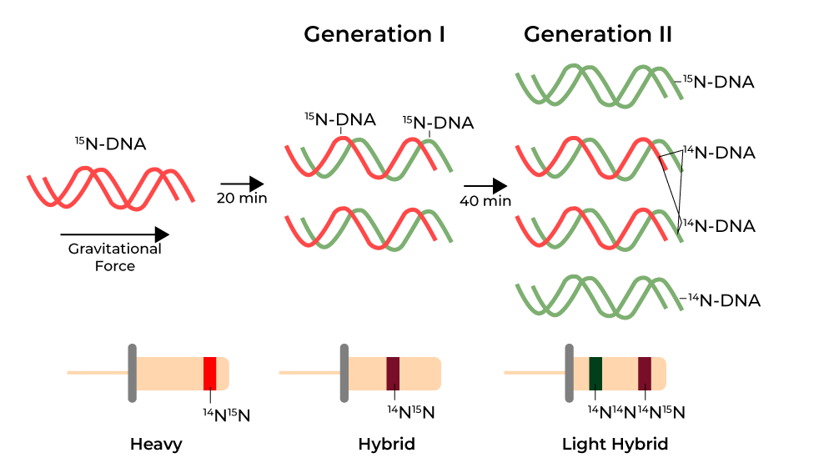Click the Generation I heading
point(374,35)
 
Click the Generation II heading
point(597,35)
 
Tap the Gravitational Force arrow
point(114,235)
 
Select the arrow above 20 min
point(242,184)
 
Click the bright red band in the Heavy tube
point(210,373)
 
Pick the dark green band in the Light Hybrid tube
point(595,373)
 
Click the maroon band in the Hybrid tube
point(393,373)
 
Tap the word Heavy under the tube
point(156,444)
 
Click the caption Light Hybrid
point(615,444)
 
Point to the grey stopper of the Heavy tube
point(131,372)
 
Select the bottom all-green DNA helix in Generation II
point(599,297)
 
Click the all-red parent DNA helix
point(110,188)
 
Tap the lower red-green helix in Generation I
point(369,228)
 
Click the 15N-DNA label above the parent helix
point(110,143)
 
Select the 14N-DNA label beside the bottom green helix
point(724,300)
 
